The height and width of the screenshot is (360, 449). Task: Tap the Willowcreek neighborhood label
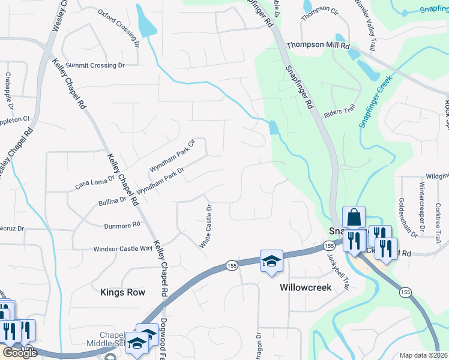click(x=306, y=287)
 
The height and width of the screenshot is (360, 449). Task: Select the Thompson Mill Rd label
click(x=318, y=46)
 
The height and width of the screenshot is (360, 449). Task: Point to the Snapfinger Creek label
click(x=375, y=101)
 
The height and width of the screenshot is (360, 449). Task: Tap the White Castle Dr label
click(x=205, y=227)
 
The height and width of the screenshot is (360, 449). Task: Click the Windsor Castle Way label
click(x=122, y=248)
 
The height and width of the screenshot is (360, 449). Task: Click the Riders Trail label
click(x=340, y=112)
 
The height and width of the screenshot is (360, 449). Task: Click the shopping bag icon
click(x=354, y=217)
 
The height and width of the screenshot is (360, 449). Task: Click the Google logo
click(x=19, y=353)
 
